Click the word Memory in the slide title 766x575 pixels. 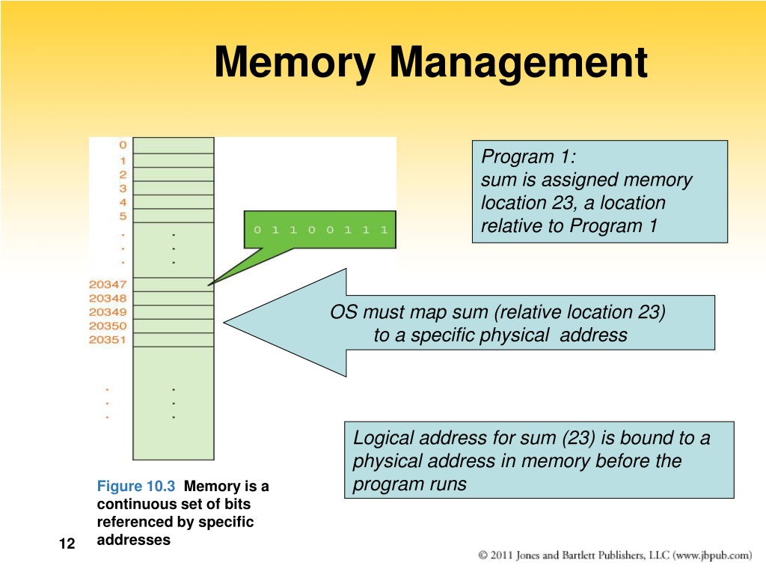(295, 64)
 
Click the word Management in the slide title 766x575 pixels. (518, 63)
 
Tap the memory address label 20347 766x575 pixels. (108, 285)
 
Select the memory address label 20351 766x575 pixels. (108, 340)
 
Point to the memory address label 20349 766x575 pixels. (108, 312)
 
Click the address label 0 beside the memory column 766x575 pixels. (123, 145)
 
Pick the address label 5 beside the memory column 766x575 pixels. (123, 216)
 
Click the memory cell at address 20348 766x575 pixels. (174, 298)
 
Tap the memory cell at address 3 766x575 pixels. (174, 188)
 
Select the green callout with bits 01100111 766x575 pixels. (320, 230)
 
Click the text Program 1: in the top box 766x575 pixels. (529, 157)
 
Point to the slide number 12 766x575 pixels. (67, 544)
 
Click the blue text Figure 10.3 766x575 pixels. (136, 486)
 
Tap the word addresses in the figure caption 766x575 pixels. (133, 540)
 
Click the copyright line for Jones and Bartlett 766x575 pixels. (615, 556)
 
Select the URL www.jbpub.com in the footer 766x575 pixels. (712, 556)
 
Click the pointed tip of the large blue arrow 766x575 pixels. (224, 322)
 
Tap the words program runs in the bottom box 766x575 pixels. (409, 484)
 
